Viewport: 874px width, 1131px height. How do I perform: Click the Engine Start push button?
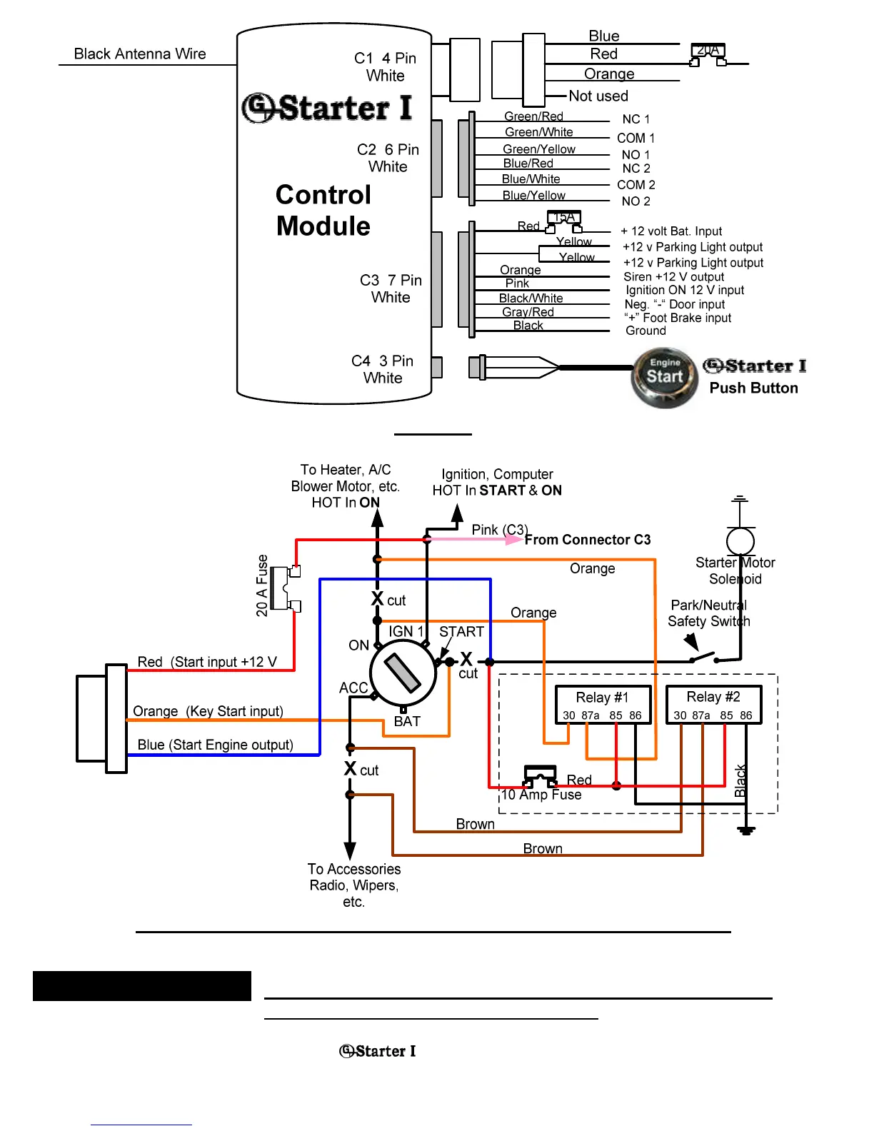click(x=664, y=377)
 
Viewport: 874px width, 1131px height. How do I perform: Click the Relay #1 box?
click(x=603, y=705)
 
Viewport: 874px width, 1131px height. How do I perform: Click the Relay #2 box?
click(x=713, y=705)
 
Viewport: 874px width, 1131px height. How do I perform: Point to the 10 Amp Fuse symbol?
click(x=541, y=776)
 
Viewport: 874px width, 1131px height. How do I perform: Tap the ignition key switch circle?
click(x=403, y=673)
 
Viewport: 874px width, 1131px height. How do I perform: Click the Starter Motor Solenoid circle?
click(x=740, y=541)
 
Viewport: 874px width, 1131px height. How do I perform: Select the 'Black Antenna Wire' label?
click(x=140, y=54)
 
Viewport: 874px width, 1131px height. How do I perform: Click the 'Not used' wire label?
click(x=598, y=96)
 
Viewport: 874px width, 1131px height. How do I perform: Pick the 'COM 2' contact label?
click(x=636, y=185)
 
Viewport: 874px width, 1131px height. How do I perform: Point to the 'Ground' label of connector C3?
click(x=646, y=331)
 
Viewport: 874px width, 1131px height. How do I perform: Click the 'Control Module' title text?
click(x=323, y=211)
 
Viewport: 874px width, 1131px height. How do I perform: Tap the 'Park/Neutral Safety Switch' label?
click(x=708, y=613)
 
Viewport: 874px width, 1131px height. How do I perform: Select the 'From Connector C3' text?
click(x=588, y=540)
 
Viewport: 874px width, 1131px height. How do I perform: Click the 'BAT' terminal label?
click(x=407, y=721)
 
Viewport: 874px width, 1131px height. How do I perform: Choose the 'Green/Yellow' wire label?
click(x=539, y=149)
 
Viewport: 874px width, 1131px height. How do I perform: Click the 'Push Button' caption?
click(x=753, y=388)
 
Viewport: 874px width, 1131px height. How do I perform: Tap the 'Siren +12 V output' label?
click(x=673, y=277)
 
